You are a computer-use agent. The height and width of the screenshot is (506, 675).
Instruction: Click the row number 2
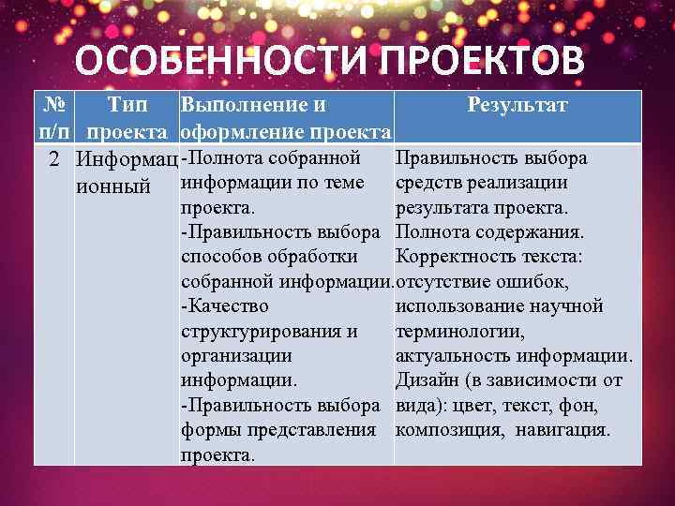[x=56, y=157]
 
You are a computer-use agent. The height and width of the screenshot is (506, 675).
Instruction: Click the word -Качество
[x=224, y=305]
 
